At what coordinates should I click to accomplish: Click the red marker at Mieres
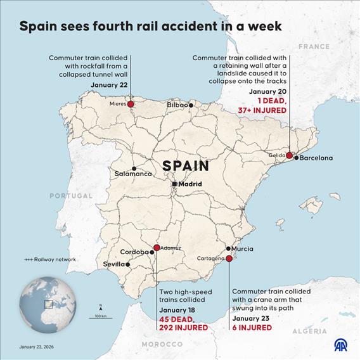point(131,104)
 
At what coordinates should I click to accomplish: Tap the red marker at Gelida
point(289,155)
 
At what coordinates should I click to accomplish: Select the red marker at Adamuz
point(157,248)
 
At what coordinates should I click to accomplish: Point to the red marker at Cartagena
point(229,258)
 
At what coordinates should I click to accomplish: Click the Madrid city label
point(190,184)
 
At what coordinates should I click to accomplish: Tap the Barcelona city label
point(316,158)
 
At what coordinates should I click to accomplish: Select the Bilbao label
point(178,105)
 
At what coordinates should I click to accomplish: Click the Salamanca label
point(133,174)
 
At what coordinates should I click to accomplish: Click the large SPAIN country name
point(186,166)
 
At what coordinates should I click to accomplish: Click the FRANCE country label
point(314,47)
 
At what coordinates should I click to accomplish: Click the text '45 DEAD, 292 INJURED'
point(183,323)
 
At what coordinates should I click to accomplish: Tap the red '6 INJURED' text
point(252,328)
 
